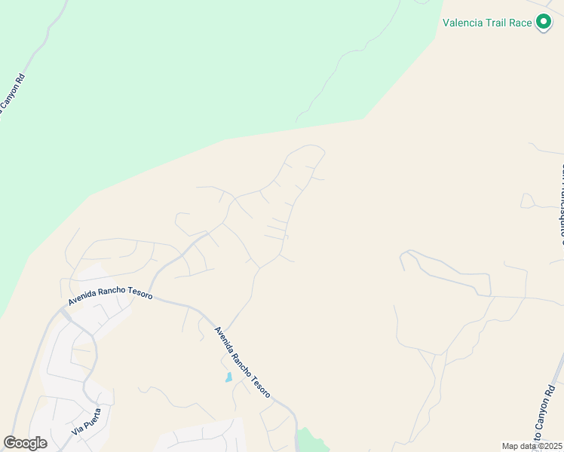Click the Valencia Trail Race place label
pyautogui.click(x=486, y=23)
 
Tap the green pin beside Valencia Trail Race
pyautogui.click(x=543, y=23)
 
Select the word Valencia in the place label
pyautogui.click(x=462, y=23)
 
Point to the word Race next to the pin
pyautogui.click(x=520, y=23)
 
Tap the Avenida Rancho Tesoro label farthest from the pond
pyautogui.click(x=110, y=291)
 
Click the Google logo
pyautogui.click(x=25, y=443)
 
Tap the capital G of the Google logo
pyautogui.click(x=10, y=443)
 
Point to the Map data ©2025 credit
pyautogui.click(x=532, y=446)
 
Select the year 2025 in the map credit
pyautogui.click(x=550, y=446)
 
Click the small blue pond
pyautogui.click(x=228, y=377)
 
